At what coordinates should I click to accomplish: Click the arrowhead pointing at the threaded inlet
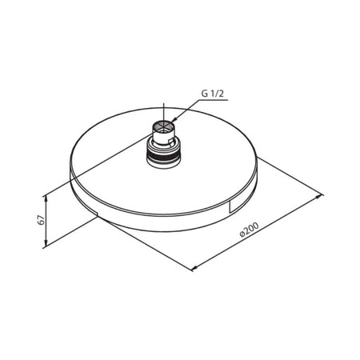[x=175, y=121]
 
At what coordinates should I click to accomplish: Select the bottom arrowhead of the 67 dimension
[x=46, y=244]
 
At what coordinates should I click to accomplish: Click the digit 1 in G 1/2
[x=210, y=94]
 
